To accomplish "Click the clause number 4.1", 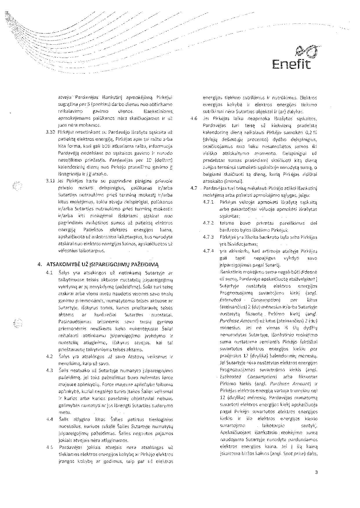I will click(49, 273).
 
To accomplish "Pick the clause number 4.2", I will click(49, 357).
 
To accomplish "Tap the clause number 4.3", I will click(49, 370).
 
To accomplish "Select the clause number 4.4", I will click(49, 419).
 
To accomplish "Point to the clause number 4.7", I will click(194, 188).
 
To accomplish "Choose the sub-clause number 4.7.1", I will click(208, 202).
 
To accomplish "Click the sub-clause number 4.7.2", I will click(208, 223).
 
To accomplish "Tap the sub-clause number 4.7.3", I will click(208, 237).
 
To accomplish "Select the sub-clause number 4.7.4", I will click(208, 251).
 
